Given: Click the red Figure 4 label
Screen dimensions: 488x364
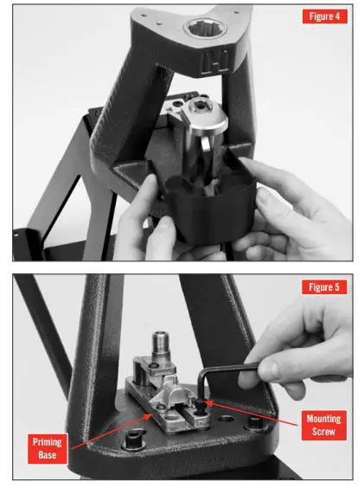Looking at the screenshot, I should point(323,17).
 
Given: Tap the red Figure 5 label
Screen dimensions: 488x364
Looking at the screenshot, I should point(323,286).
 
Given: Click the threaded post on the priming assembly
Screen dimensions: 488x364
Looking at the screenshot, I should point(162,347).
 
